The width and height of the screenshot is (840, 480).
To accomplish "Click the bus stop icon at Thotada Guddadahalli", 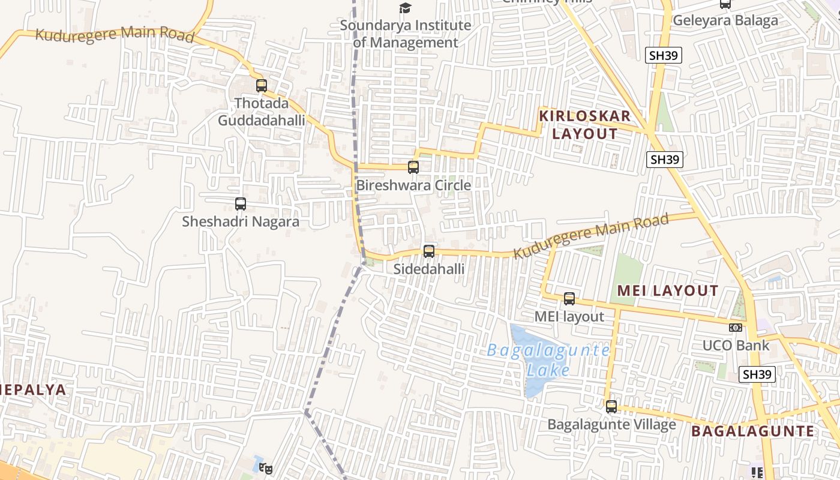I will click(x=262, y=86).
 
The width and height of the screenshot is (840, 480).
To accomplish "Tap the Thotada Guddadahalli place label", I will click(x=261, y=112).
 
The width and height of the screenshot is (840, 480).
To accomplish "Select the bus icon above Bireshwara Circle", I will click(x=413, y=167).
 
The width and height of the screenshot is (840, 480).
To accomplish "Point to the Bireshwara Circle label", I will click(x=413, y=185).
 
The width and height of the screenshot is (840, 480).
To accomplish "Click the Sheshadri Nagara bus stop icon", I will click(x=241, y=204).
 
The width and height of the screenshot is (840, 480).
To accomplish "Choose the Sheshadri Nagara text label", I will click(x=241, y=221).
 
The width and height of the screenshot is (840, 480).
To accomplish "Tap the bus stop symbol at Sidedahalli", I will click(x=429, y=251).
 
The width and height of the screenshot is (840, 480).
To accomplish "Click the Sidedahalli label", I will click(x=429, y=269).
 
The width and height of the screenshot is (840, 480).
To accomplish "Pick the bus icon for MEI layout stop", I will click(x=569, y=298).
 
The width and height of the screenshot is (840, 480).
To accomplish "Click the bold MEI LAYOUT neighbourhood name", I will click(x=668, y=291).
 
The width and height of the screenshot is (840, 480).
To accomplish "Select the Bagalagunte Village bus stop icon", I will click(x=611, y=407).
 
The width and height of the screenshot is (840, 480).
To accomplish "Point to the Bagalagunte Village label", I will click(x=611, y=425).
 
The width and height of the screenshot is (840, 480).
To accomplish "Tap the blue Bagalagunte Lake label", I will click(x=548, y=359).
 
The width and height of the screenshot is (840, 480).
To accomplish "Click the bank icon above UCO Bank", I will click(x=736, y=328).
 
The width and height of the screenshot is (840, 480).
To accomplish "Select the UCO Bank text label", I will click(x=736, y=346).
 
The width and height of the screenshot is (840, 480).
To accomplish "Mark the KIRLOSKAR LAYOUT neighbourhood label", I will click(x=585, y=125).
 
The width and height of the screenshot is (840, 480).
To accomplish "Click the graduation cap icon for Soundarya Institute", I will click(x=406, y=8).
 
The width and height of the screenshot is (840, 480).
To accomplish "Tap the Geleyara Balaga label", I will click(x=725, y=20).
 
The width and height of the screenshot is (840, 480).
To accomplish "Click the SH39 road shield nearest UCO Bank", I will click(x=757, y=374).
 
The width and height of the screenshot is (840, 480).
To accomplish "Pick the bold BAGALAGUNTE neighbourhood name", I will click(x=752, y=431).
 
